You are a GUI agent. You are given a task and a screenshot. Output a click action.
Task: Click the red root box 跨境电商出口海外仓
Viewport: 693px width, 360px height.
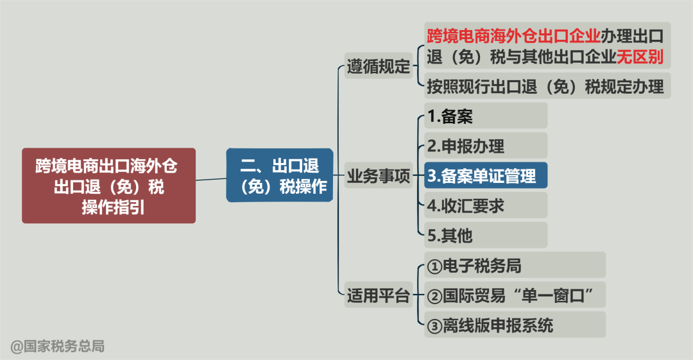(108, 186)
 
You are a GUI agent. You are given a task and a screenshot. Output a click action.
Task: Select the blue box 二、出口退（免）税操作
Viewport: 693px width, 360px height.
(279, 175)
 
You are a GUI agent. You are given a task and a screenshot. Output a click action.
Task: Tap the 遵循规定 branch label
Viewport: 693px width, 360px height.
(379, 66)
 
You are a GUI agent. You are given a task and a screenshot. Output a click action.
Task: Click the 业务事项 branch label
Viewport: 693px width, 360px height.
(379, 176)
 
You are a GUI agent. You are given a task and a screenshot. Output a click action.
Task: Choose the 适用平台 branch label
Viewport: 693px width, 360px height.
(379, 296)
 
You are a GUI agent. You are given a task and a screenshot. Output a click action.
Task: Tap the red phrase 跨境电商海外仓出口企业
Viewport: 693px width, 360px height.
(513, 34)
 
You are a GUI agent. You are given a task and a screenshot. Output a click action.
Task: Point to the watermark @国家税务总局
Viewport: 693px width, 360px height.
(57, 347)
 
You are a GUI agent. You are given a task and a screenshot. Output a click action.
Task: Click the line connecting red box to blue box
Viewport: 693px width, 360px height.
(210, 179)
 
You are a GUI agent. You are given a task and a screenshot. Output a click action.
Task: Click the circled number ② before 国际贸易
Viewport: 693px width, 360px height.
(434, 296)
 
